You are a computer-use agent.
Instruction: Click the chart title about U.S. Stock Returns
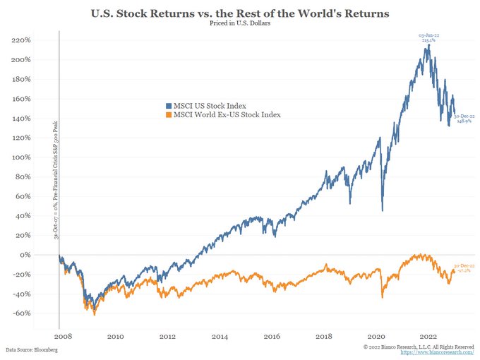pos(240,13)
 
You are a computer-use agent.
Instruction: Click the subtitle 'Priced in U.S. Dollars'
pos(240,24)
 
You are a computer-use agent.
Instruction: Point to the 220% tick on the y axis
pos(21,40)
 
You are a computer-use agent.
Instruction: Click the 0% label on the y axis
pos(25,254)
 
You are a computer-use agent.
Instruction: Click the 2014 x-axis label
pos(220,337)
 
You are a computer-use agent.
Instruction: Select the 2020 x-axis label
pos(377,337)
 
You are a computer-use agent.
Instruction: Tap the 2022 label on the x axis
pos(429,337)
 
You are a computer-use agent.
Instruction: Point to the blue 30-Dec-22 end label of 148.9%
pos(464,119)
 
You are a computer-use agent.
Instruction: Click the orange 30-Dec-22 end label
pos(463,267)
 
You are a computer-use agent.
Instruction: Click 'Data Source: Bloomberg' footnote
pos(31,350)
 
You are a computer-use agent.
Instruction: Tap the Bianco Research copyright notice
pos(419,346)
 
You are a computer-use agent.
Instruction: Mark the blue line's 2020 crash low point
pos(382,210)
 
